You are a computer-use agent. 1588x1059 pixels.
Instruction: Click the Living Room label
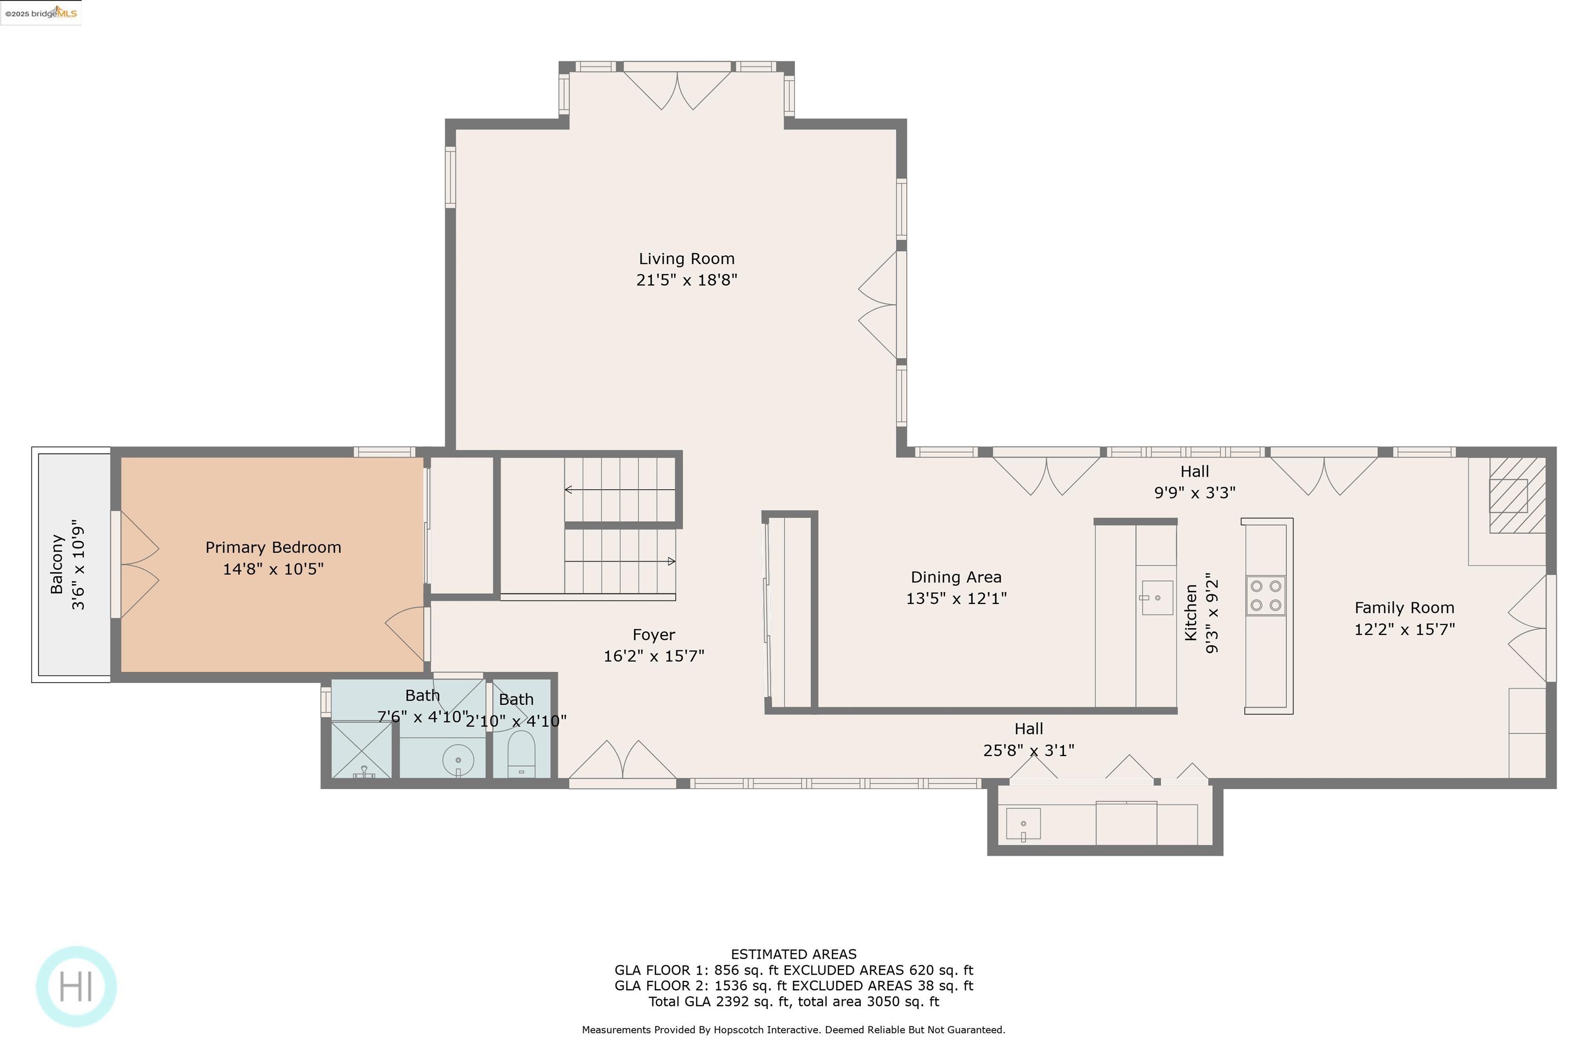[686, 259]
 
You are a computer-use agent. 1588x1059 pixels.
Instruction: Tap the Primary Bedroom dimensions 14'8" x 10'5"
[273, 569]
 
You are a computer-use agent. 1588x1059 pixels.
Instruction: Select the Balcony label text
[57, 565]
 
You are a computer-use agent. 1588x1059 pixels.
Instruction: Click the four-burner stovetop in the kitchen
[1265, 596]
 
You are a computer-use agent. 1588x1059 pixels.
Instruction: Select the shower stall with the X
[362, 750]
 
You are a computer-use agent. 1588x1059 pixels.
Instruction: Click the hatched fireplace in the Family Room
[1517, 495]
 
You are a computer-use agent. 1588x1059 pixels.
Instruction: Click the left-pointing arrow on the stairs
[569, 490]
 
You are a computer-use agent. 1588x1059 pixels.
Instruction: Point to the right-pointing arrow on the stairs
[670, 561]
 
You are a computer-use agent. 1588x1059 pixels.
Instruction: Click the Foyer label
[653, 635]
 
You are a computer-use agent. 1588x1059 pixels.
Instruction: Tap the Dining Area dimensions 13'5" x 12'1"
[955, 598]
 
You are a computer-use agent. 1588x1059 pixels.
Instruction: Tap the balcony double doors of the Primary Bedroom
[139, 565]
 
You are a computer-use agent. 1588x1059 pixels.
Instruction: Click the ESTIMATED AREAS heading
[793, 955]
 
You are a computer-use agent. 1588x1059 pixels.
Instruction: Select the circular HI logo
[77, 987]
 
